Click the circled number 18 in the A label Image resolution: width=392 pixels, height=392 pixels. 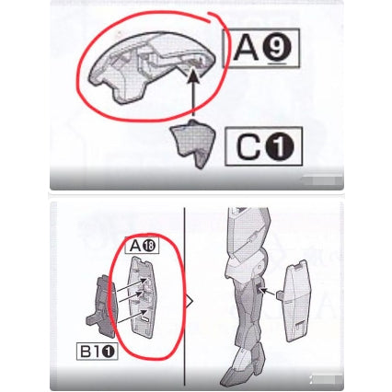pyautogui.click(x=150, y=246)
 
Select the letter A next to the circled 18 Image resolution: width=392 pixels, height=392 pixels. pyautogui.click(x=136, y=246)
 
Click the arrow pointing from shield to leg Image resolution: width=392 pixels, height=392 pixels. pyautogui.click(x=270, y=292)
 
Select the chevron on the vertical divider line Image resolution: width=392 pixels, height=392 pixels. pyautogui.click(x=190, y=300)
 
